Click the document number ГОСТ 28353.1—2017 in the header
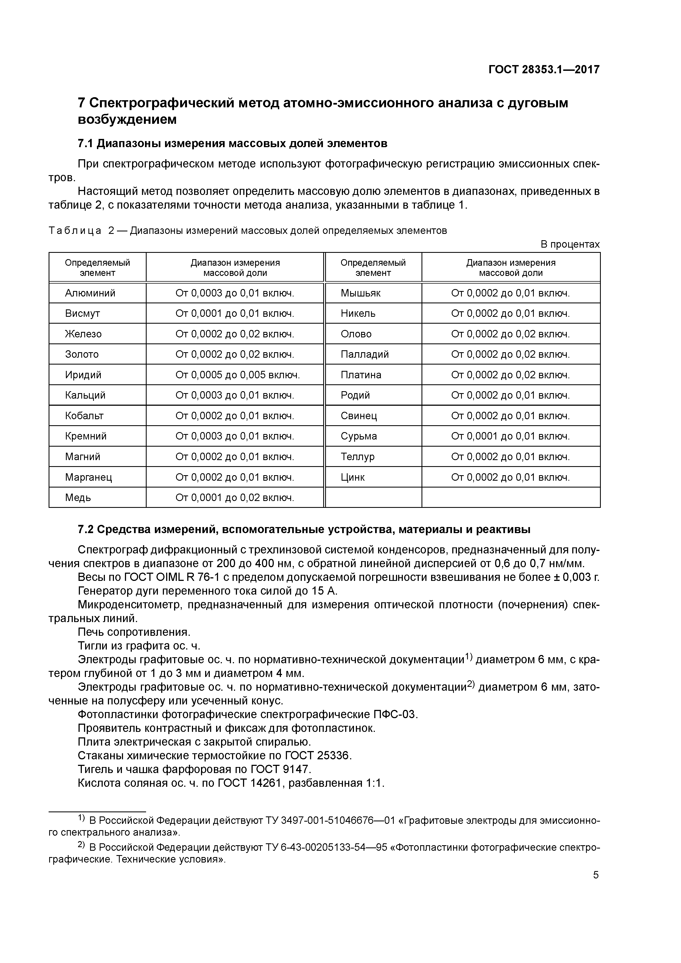coord(544,70)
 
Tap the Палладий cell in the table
coord(365,354)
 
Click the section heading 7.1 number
coord(86,144)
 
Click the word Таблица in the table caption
coord(75,231)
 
